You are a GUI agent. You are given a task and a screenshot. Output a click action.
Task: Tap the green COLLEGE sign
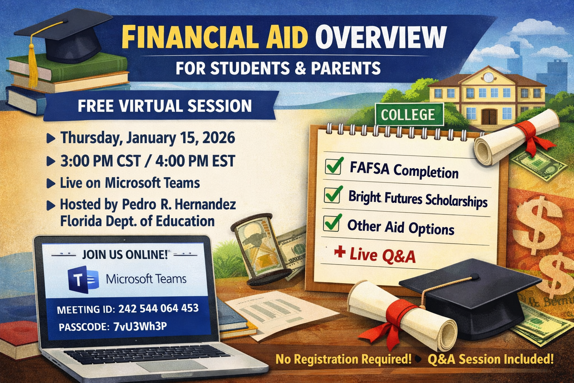tap(409, 114)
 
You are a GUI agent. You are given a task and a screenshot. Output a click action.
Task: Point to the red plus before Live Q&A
tap(340, 252)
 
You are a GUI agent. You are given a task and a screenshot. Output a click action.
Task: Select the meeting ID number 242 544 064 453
tap(158, 308)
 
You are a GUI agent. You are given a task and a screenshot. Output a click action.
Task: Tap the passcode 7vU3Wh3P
tap(140, 326)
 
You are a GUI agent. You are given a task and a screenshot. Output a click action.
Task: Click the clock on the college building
tap(489, 77)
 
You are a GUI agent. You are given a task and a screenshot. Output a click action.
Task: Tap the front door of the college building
tap(489, 117)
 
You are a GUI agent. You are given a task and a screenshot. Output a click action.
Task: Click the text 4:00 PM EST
tap(195, 161)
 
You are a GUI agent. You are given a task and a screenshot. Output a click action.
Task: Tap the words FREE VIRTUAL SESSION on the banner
tap(165, 106)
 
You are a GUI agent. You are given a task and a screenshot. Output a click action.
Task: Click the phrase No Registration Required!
tap(343, 359)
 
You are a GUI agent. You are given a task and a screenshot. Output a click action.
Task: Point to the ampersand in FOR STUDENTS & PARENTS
tap(300, 68)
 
